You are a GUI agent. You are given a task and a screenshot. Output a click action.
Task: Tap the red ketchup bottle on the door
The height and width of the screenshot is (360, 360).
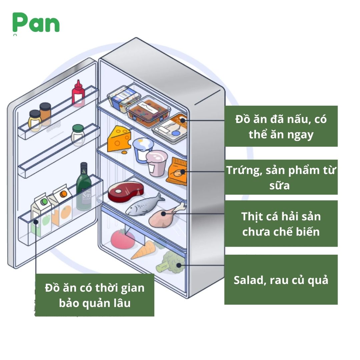click(x=78, y=94)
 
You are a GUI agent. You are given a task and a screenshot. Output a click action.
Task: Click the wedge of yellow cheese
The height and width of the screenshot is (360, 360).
click(x=119, y=139)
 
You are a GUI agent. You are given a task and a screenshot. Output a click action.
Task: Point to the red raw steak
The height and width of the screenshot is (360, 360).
click(x=126, y=192)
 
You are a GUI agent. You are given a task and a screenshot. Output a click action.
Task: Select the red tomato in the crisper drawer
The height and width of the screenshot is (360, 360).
click(x=123, y=238)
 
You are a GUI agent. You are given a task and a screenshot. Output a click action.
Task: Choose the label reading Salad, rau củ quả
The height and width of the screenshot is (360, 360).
click(x=281, y=280)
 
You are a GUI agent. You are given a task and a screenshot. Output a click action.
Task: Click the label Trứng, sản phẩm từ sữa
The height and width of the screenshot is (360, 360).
click(x=281, y=177)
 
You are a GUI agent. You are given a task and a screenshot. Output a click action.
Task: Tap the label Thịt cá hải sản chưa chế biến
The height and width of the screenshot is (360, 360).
click(x=281, y=223)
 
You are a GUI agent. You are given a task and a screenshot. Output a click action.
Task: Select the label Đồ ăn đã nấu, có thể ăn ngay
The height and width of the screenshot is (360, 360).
click(x=281, y=126)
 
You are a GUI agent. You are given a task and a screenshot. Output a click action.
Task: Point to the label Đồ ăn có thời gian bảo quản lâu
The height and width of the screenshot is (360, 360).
click(x=95, y=295)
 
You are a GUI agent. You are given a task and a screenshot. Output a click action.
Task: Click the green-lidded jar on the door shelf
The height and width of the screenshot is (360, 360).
click(x=78, y=135)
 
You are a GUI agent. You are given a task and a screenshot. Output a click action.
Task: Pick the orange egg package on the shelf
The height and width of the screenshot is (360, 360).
click(x=177, y=171)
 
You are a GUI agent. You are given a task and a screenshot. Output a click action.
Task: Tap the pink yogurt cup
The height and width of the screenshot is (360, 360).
click(x=156, y=163)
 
